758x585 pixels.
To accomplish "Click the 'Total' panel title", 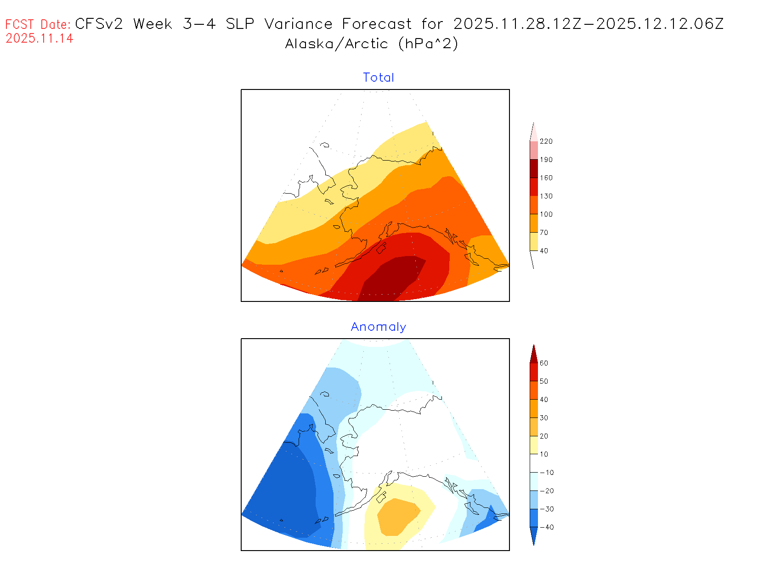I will click(379, 78).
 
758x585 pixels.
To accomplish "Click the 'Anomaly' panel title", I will click(379, 327).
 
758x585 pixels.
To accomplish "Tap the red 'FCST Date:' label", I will click(38, 24).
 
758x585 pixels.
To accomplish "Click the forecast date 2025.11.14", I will click(40, 39).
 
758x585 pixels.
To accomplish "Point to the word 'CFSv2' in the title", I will click(99, 24).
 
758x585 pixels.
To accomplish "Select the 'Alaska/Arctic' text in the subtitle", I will click(336, 44).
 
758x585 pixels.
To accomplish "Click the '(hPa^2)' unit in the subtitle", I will click(428, 44).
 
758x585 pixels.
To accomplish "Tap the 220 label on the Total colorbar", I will click(546, 141).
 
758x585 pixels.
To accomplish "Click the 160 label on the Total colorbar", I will click(546, 178).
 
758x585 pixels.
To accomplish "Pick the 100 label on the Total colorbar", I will click(546, 214).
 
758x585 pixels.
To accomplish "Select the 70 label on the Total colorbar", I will click(544, 233).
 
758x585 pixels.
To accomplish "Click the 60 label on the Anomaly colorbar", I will click(544, 363).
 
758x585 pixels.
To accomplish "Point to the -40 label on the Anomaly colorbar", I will click(546, 527).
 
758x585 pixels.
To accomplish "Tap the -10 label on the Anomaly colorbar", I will click(546, 473).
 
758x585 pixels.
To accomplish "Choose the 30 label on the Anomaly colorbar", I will click(544, 418).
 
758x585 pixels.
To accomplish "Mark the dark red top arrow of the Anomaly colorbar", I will click(534, 354).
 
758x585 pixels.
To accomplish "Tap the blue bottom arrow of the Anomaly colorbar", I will click(534, 535).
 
